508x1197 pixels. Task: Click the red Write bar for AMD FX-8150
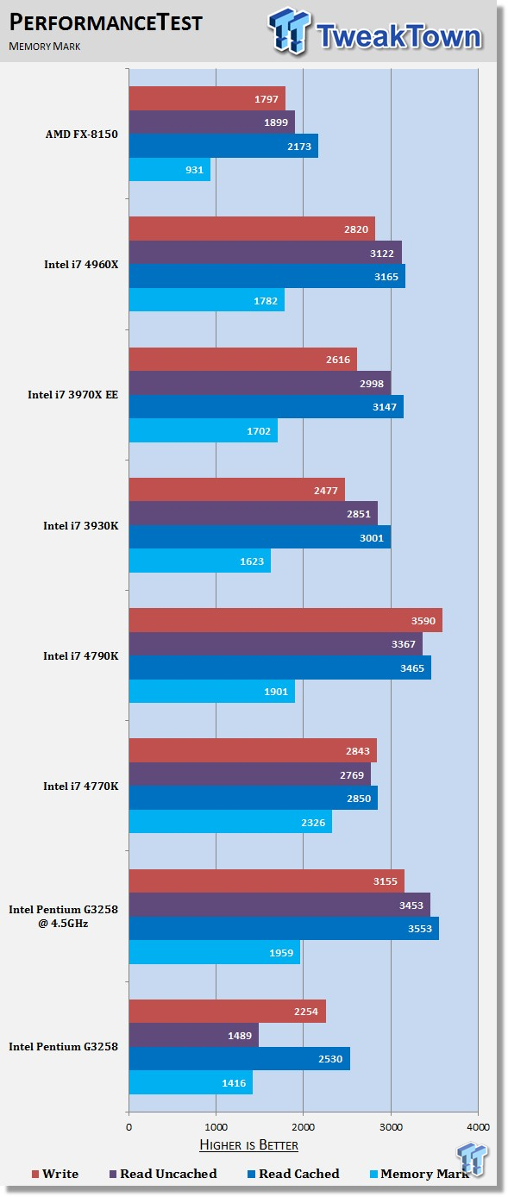[207, 98]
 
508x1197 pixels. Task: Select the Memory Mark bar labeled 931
[170, 169]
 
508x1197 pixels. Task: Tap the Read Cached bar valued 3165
[267, 276]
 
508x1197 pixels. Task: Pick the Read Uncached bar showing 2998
[260, 383]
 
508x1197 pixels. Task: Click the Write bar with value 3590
[285, 620]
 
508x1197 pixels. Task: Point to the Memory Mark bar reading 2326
[231, 822]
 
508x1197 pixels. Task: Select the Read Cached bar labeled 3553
[284, 929]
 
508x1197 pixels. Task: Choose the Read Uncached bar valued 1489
[194, 1036]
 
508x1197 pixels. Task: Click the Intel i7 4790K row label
[81, 655]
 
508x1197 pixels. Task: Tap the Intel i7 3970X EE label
[73, 395]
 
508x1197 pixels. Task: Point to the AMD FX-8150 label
[82, 135]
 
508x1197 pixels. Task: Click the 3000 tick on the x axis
[391, 1127]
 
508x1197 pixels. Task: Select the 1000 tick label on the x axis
[216, 1127]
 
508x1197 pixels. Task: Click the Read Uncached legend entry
[163, 1174]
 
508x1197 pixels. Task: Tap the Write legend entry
[55, 1174]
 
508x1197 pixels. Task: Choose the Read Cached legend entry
[293, 1174]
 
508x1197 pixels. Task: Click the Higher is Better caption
[249, 1144]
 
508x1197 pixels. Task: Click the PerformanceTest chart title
[106, 22]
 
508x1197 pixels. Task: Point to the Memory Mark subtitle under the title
[44, 47]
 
